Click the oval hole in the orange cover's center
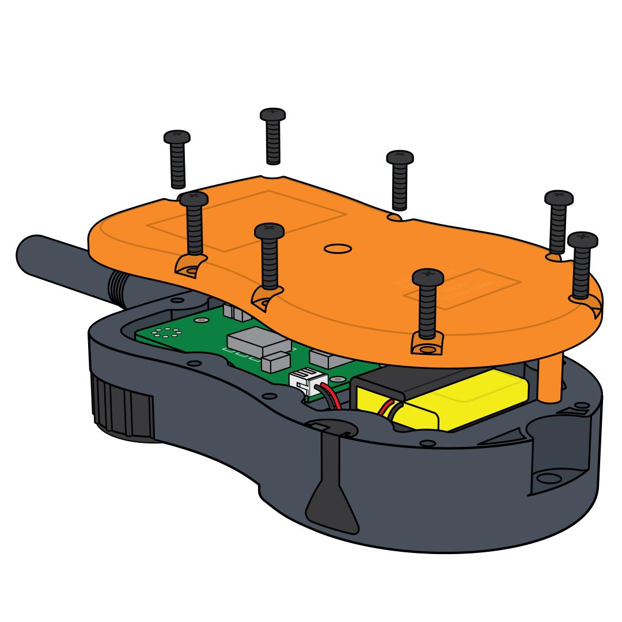[338, 249]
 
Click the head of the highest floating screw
[273, 115]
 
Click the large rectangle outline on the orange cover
[248, 222]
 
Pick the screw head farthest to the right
[582, 240]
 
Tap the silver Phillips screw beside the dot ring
[200, 319]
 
